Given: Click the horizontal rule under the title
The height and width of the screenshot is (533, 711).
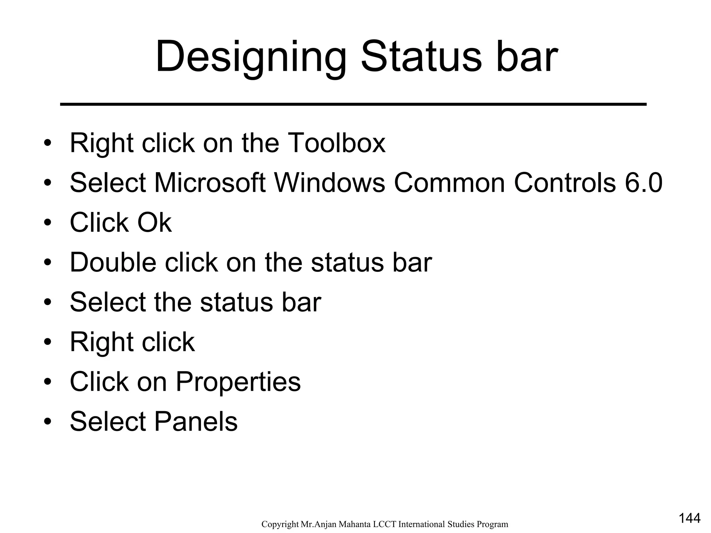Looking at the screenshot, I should point(353,104).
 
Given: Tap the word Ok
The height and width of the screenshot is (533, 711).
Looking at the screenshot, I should point(154,222).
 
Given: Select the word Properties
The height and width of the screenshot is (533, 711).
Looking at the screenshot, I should point(238,382).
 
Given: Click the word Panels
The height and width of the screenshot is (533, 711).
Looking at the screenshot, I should point(196,421).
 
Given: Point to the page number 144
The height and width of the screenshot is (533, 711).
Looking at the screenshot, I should point(689,518).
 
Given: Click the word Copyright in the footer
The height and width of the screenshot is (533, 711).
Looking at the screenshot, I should point(280,524).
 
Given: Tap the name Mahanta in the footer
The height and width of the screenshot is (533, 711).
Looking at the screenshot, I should point(357,524).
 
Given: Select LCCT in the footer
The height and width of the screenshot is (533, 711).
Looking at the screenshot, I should point(385,524).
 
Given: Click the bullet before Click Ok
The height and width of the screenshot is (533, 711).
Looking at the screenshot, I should point(48,222).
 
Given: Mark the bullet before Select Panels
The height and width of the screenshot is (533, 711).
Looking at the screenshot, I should point(48,422).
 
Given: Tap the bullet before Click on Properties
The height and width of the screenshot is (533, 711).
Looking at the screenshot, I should point(48,382).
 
